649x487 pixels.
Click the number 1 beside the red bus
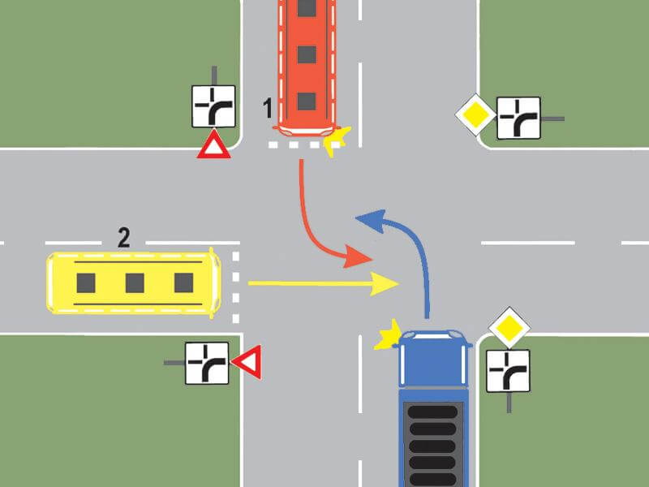pyautogui.click(x=268, y=108)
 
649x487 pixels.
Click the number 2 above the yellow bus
pyautogui.click(x=124, y=238)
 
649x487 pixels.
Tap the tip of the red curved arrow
pyautogui.click(x=372, y=260)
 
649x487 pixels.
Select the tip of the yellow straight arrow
pyautogui.click(x=398, y=283)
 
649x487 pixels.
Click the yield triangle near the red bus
pyautogui.click(x=213, y=144)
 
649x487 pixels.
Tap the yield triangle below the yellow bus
pyautogui.click(x=247, y=362)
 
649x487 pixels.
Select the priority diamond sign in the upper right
pyautogui.click(x=475, y=114)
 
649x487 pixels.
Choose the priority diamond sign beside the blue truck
pyautogui.click(x=509, y=328)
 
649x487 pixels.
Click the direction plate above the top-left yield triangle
pyautogui.click(x=213, y=106)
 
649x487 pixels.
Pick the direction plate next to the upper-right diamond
pyautogui.click(x=518, y=118)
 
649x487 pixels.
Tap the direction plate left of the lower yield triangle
pyautogui.click(x=207, y=363)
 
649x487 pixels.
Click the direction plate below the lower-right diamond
pyautogui.click(x=508, y=371)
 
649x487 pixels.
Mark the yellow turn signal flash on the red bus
pyautogui.click(x=336, y=140)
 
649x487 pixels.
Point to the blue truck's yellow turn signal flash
pyautogui.click(x=389, y=334)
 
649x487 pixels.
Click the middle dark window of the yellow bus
pyautogui.click(x=135, y=282)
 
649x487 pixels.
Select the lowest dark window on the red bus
pyautogui.click(x=307, y=101)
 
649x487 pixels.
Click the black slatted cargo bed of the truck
pyautogui.click(x=433, y=444)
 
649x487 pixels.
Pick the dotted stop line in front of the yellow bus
pyautogui.click(x=235, y=287)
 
